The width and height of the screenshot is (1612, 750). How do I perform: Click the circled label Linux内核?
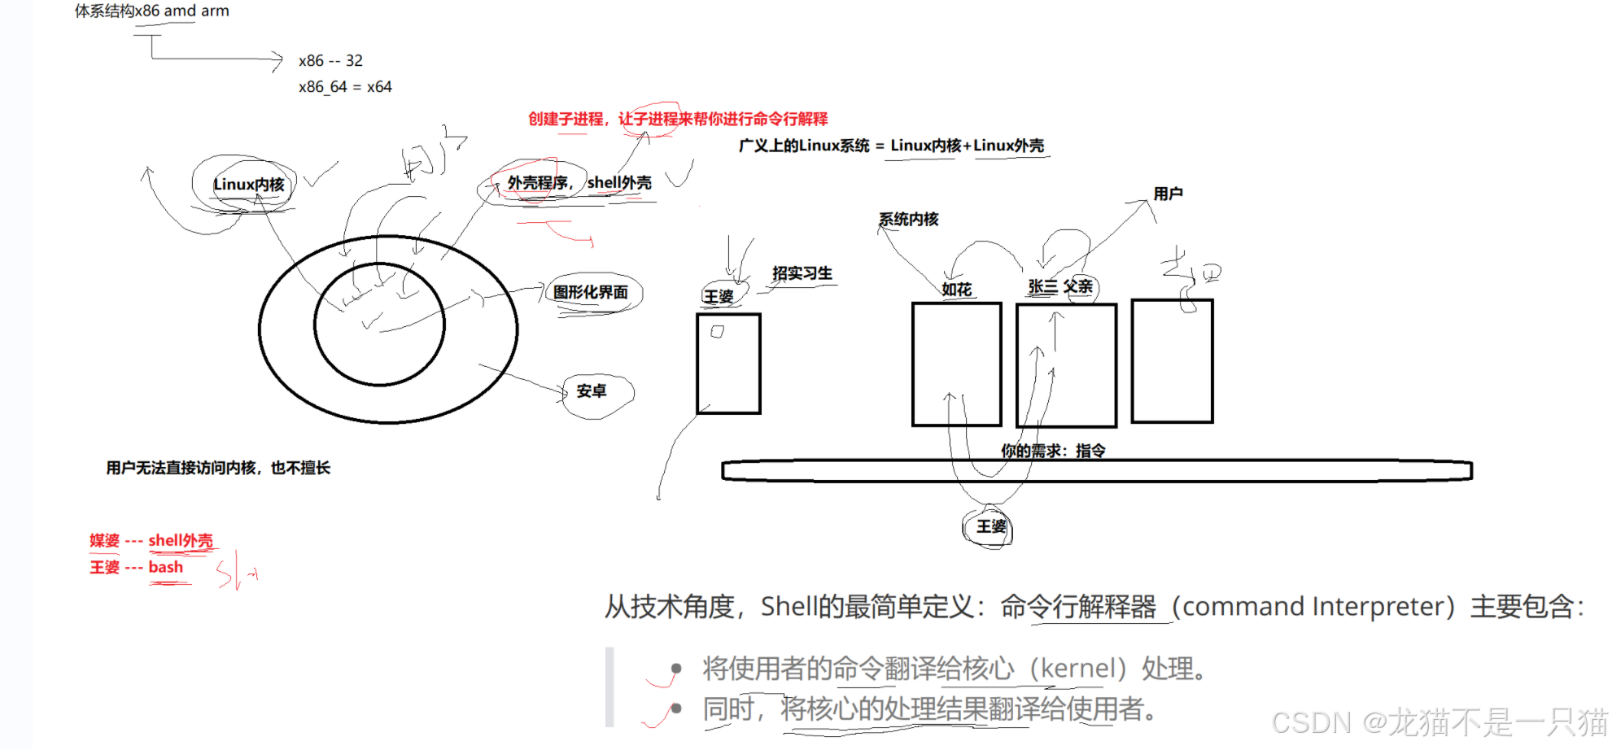click(248, 185)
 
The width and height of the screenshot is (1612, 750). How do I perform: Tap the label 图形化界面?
click(591, 292)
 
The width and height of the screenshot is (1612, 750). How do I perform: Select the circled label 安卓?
click(592, 391)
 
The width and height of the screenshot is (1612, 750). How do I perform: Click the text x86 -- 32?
click(330, 61)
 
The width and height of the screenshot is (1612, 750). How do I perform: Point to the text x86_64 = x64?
click(345, 87)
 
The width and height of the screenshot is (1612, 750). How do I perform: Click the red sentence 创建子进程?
click(566, 120)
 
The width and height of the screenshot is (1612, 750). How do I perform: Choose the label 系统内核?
click(908, 220)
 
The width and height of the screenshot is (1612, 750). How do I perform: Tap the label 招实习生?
click(802, 273)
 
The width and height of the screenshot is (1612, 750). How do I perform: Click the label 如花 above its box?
click(956, 290)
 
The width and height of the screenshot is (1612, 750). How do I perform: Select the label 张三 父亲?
click(1059, 287)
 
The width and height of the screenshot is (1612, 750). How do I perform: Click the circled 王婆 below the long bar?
click(991, 527)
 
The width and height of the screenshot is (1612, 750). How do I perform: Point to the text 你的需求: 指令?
click(1053, 451)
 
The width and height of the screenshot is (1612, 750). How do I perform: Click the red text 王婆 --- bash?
click(137, 568)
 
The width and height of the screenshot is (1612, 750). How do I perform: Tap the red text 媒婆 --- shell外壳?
click(151, 541)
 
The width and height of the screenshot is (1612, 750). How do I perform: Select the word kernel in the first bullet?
click(1078, 669)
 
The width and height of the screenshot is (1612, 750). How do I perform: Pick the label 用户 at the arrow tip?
click(1168, 194)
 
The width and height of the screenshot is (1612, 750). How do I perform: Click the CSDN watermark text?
click(1439, 722)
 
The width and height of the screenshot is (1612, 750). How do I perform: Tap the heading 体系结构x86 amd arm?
click(152, 11)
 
